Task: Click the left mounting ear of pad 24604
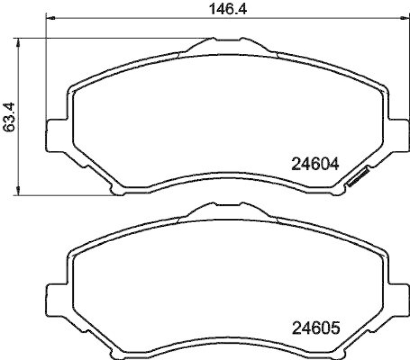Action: tap(56, 135)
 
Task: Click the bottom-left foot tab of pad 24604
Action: tap(117, 190)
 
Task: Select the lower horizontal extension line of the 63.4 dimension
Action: tap(61, 195)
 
